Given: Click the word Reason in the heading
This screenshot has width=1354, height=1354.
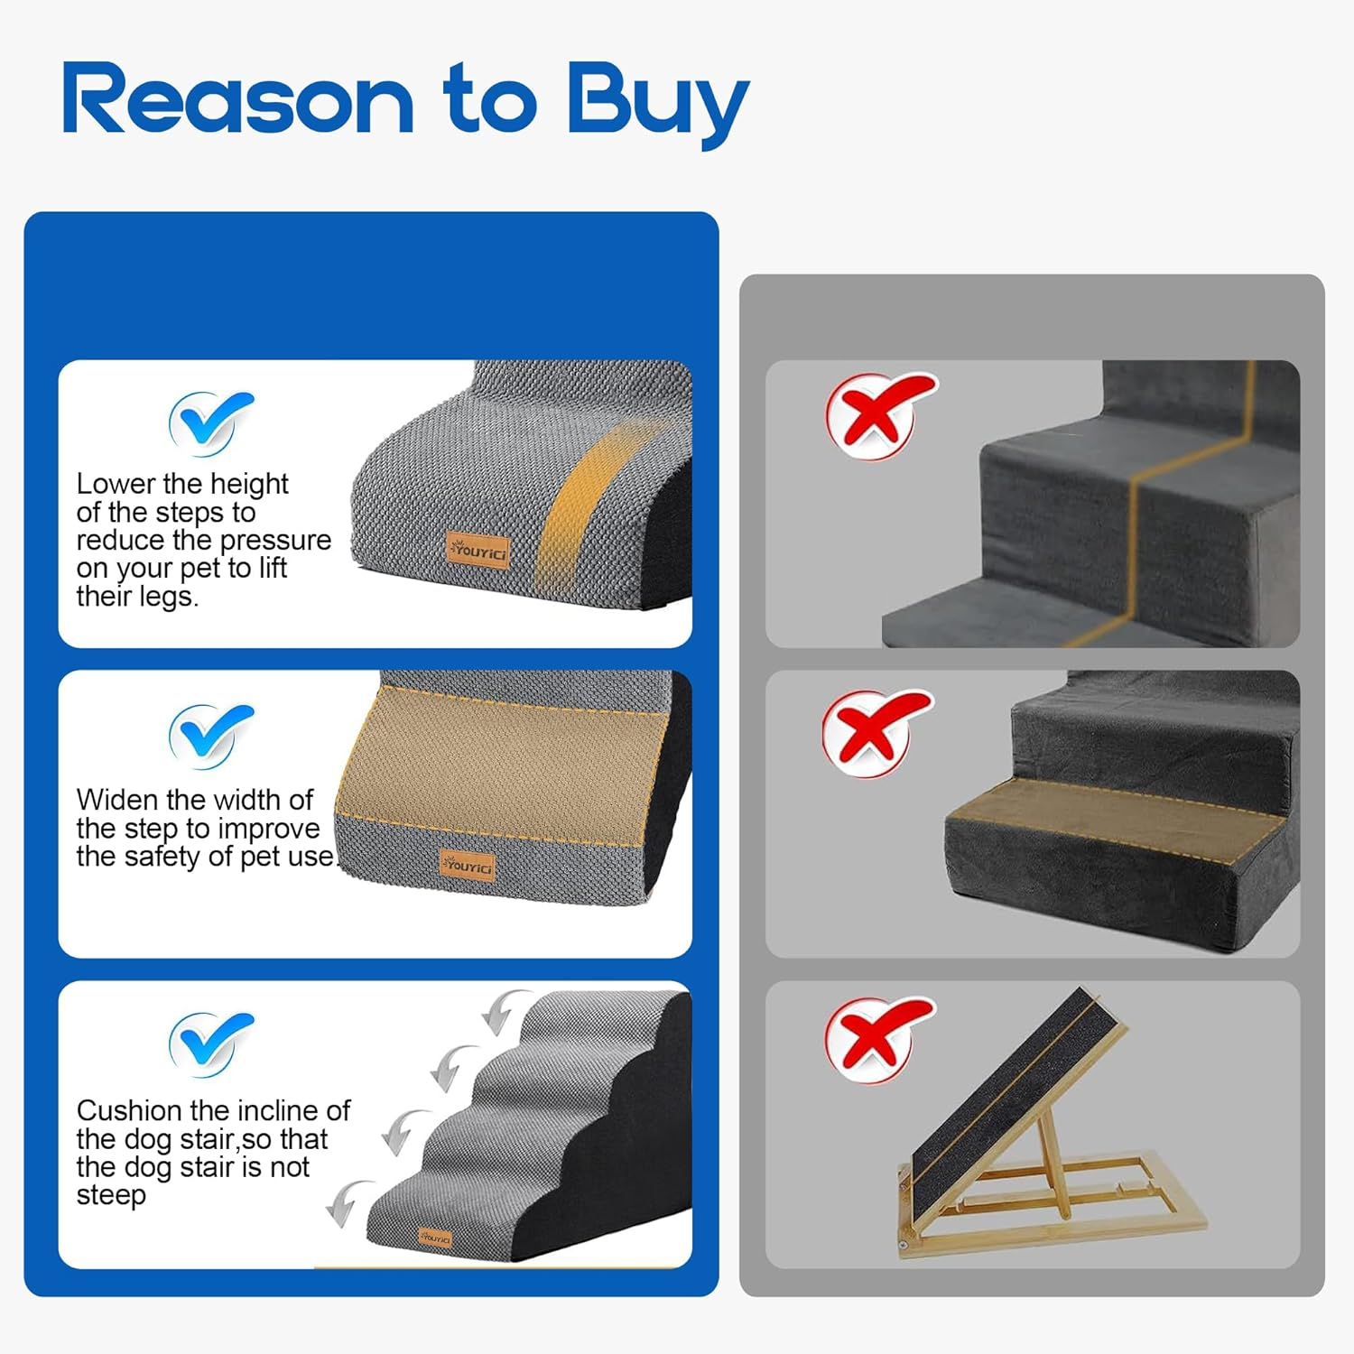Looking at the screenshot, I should point(237,101).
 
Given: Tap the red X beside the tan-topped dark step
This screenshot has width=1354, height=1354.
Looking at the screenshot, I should point(874,731).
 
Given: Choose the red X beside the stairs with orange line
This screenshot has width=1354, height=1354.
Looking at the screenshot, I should point(877,413).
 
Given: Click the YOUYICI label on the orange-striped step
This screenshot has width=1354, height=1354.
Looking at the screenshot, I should point(478,550).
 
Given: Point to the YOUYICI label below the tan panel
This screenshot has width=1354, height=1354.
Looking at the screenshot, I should point(468,866).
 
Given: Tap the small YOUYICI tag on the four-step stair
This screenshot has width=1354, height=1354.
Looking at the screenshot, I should point(435,1238).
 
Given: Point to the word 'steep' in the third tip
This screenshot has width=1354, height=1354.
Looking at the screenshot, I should point(111,1195).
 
